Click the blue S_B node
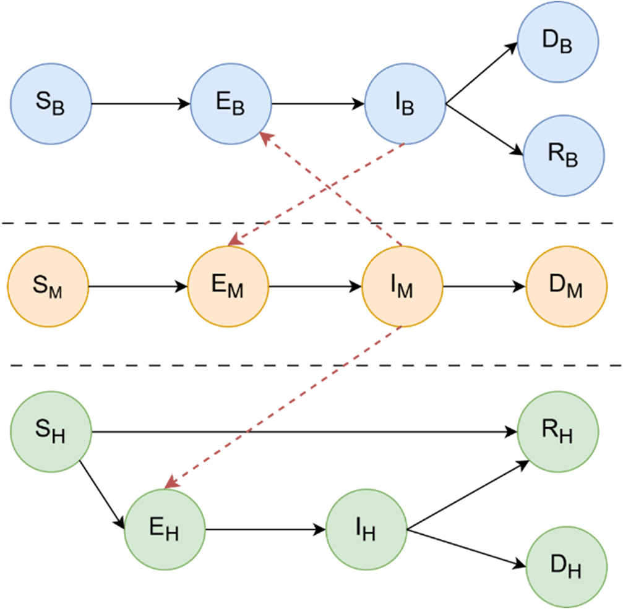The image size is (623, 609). (x=51, y=104)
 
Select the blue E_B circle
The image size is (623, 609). (x=230, y=104)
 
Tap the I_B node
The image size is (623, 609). (x=406, y=104)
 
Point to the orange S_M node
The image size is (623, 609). (x=48, y=287)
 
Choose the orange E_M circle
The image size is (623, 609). (x=228, y=287)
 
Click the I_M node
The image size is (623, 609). (x=402, y=287)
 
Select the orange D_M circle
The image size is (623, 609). (x=567, y=287)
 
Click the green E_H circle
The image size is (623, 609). (x=165, y=530)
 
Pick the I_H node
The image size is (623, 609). (x=366, y=530)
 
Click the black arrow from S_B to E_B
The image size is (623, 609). (x=140, y=104)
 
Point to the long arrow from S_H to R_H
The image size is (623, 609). (x=303, y=431)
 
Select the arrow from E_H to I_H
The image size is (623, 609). (x=266, y=530)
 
